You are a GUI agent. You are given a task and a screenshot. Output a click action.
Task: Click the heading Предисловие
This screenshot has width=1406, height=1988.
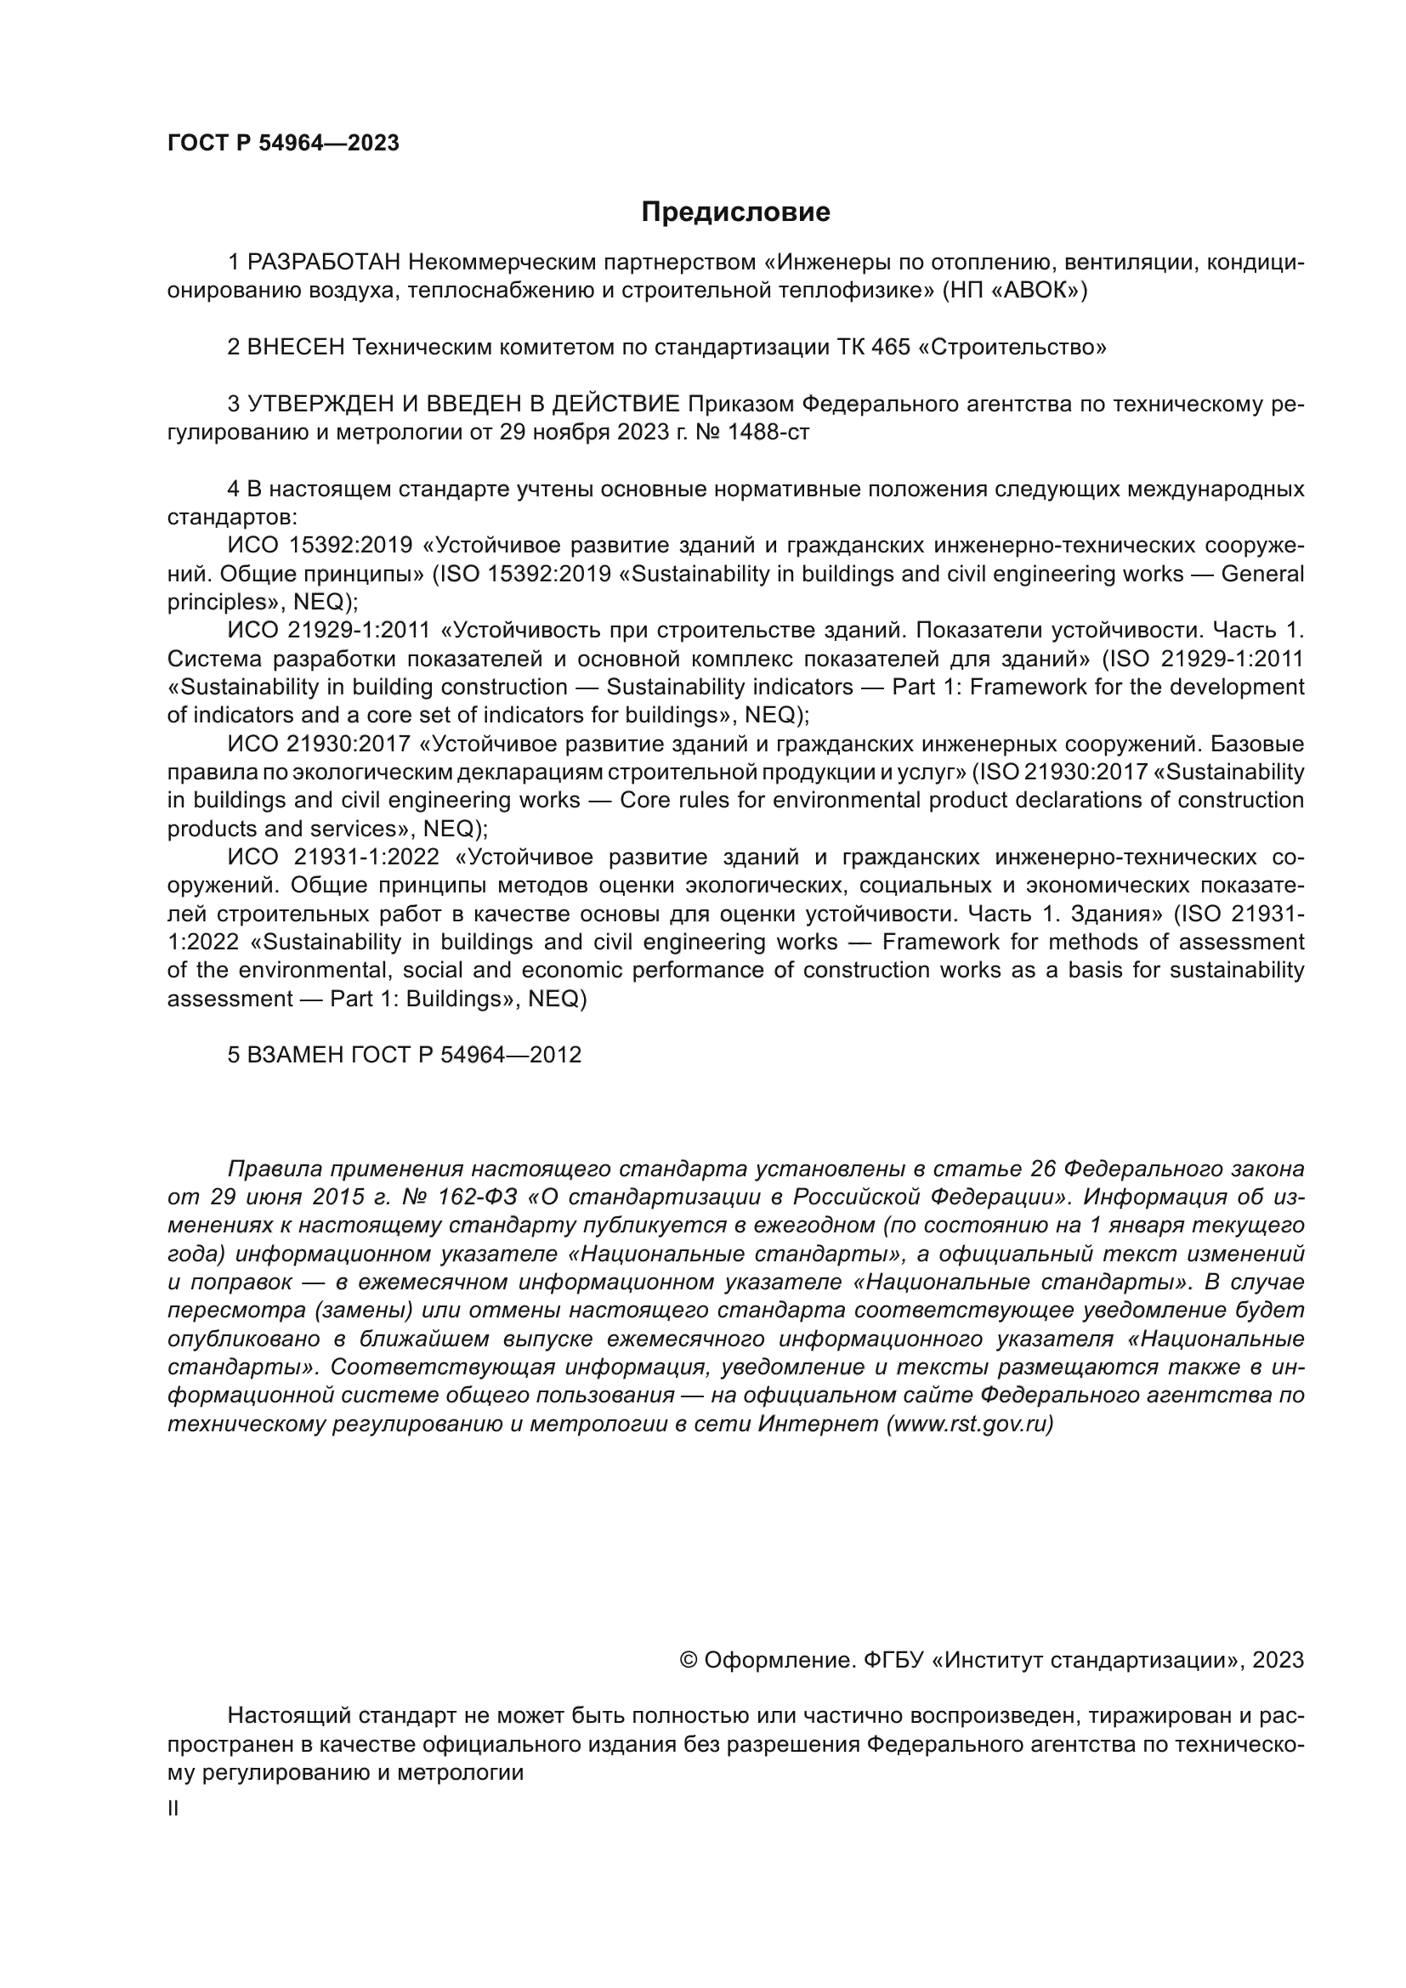(x=735, y=212)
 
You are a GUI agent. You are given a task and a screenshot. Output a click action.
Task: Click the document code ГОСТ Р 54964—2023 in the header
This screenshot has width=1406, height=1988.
(x=283, y=144)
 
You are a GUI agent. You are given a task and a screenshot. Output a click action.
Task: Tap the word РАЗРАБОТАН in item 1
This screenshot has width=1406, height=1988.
(x=325, y=263)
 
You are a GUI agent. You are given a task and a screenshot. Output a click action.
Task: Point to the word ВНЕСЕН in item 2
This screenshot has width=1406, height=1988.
(x=296, y=348)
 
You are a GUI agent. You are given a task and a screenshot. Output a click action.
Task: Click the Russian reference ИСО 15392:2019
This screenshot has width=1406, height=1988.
(x=320, y=546)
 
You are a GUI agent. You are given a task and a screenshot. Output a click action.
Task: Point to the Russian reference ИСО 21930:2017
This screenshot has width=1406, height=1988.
(x=318, y=744)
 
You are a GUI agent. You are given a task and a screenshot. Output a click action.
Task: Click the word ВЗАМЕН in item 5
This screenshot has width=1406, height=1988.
(x=295, y=1055)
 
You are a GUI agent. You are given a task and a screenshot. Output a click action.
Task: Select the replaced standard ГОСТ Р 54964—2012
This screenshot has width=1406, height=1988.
(x=466, y=1055)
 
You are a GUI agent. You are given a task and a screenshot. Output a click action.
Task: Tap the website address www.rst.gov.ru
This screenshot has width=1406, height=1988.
(x=970, y=1424)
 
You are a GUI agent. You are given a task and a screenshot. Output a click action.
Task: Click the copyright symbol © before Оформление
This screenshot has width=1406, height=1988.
(x=689, y=1660)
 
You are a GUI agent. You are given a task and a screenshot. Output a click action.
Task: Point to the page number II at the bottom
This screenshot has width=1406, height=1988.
(x=173, y=1808)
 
